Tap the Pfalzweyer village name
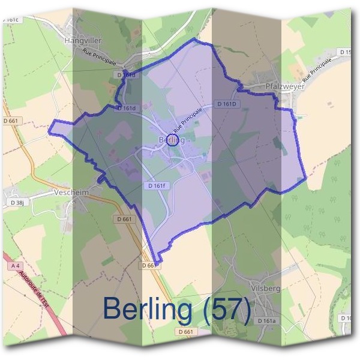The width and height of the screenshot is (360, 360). pyautogui.click(x=285, y=86)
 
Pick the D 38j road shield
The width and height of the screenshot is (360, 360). pyautogui.click(x=16, y=203)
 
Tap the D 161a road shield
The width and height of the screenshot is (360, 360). pyautogui.click(x=268, y=321)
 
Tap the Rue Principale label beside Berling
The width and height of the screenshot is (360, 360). pyautogui.click(x=188, y=120)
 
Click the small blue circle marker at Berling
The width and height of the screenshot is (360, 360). pyautogui.click(x=172, y=141)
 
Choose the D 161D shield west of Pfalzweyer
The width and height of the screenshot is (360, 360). pyautogui.click(x=228, y=104)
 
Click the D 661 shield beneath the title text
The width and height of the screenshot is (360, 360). pyautogui.click(x=187, y=331)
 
